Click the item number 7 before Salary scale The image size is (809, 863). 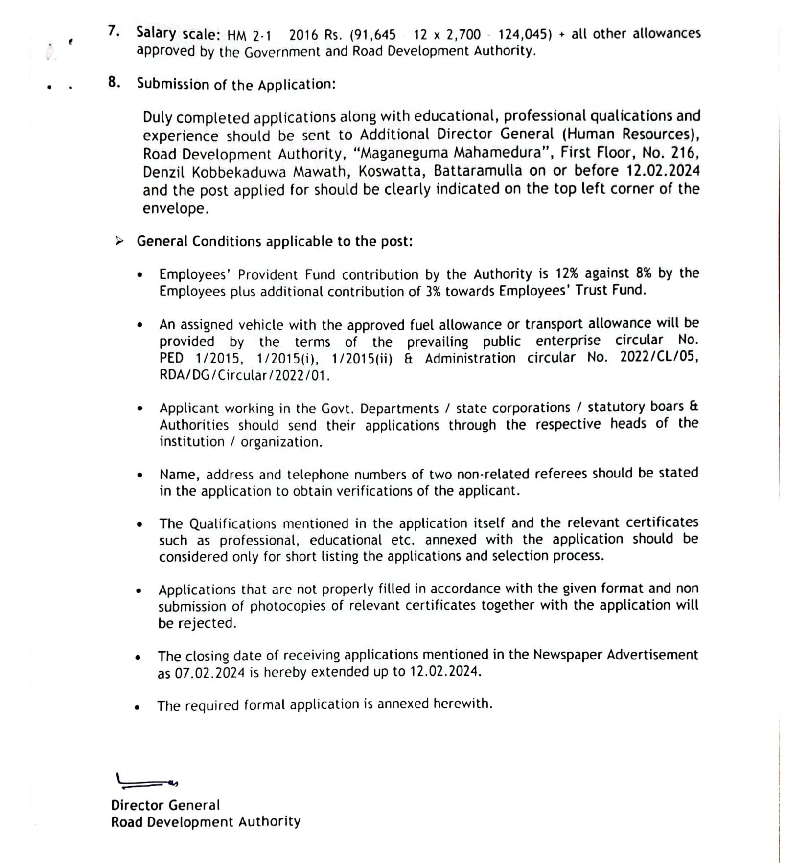pos(114,31)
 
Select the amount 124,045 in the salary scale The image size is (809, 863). pos(525,35)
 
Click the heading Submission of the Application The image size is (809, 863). pos(236,84)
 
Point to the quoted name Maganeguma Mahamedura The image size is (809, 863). pos(453,153)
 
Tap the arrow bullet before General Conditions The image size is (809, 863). pos(119,241)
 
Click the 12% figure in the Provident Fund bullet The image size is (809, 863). pos(567,273)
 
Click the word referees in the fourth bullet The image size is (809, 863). pos(561,474)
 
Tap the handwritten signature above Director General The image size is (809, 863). pos(146,782)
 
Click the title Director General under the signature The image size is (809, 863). pos(165,805)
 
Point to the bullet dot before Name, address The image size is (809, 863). pos(140,475)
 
